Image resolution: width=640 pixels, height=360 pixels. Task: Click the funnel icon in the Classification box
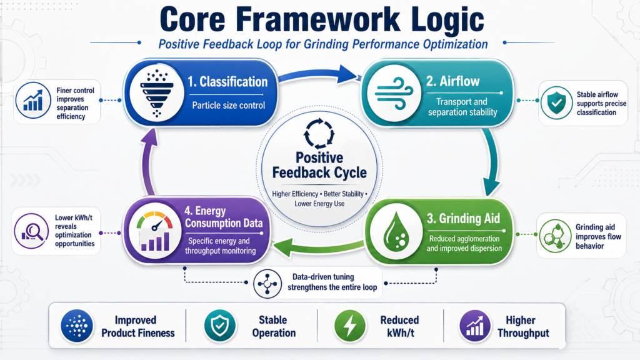(157, 93)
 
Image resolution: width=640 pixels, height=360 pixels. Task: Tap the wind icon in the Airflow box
(394, 94)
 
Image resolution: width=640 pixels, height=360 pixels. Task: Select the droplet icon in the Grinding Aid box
(396, 231)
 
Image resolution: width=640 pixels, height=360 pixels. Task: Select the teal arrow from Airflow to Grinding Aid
(491, 161)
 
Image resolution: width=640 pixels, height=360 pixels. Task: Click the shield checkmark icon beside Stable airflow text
(556, 103)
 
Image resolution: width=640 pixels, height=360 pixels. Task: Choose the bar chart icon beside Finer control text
(33, 101)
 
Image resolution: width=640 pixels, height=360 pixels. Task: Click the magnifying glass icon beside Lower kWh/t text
(31, 231)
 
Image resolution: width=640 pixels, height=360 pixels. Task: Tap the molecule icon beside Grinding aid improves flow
(555, 236)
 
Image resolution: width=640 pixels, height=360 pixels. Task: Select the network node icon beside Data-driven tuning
(267, 283)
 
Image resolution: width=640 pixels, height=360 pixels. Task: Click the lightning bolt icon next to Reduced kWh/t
(350, 326)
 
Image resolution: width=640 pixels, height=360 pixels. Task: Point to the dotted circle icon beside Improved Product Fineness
(77, 326)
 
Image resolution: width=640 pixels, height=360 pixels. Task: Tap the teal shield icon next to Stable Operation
(220, 326)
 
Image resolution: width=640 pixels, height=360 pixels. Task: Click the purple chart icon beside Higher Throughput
(475, 326)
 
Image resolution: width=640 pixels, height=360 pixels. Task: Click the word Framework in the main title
(318, 19)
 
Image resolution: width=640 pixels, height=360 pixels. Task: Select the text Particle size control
(229, 105)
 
